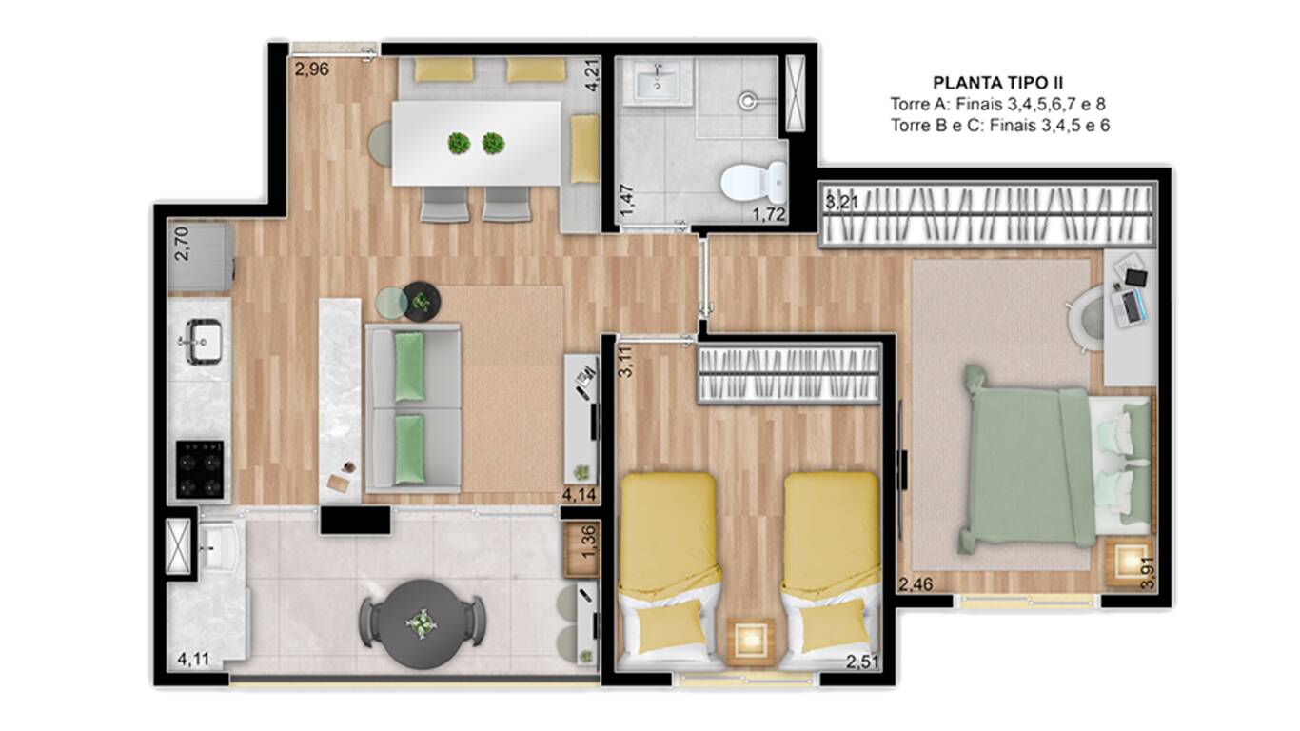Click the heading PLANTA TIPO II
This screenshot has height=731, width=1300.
[x=997, y=83]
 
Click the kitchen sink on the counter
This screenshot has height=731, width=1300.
[x=203, y=341]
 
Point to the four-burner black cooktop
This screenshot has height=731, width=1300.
[x=200, y=469]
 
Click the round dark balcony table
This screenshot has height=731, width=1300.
[x=423, y=624]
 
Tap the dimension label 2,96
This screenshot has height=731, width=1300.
[x=311, y=69]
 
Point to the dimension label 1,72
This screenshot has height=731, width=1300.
[x=769, y=215]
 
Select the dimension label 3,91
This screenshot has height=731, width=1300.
[x=1148, y=573]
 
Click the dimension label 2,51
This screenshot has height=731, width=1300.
[x=862, y=662]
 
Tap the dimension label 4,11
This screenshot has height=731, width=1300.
[x=193, y=660]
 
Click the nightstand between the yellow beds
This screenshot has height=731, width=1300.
[x=750, y=641]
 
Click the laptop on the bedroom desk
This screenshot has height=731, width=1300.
[x=1130, y=306]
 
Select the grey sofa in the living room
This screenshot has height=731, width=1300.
[x=413, y=408]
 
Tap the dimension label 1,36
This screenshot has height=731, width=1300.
[x=588, y=542]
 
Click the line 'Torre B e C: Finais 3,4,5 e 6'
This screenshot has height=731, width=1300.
[x=1000, y=126]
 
